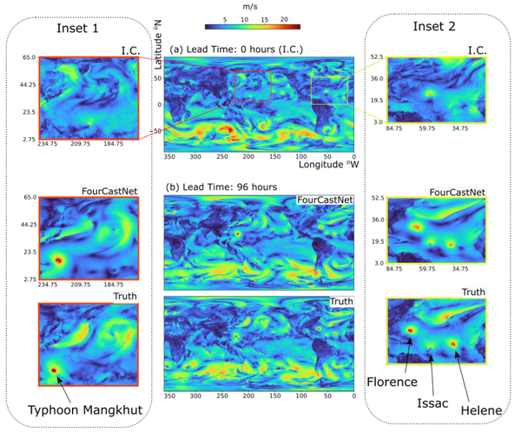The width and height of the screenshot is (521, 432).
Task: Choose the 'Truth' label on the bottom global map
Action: tap(341, 301)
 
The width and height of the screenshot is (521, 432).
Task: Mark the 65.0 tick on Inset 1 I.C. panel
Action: tap(28, 57)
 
